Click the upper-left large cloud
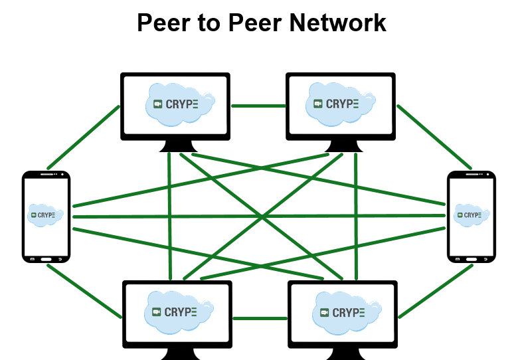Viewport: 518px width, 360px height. tap(178, 104)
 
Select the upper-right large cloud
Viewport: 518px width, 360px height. tap(339, 104)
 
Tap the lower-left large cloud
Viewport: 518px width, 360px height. tap(177, 312)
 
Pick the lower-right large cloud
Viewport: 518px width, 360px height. tap(346, 313)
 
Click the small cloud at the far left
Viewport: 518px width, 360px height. tap(44, 215)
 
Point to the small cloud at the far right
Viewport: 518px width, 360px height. tap(472, 215)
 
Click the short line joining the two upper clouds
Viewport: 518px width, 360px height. tap(258, 106)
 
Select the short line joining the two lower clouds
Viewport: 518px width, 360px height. tap(260, 318)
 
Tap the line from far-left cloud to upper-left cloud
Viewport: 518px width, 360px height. tap(84, 137)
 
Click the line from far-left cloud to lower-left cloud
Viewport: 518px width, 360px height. tap(84, 291)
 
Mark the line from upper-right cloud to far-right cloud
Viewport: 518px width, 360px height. tap(434, 137)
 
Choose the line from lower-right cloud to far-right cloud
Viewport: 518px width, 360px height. tap(436, 291)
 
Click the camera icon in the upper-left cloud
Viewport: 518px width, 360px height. tap(158, 104)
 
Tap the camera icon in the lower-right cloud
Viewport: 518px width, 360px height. tap(325, 313)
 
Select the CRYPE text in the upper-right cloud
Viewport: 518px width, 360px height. tap(342, 104)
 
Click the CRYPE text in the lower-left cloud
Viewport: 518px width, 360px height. tap(181, 312)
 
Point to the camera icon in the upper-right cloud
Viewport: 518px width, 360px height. tap(318, 104)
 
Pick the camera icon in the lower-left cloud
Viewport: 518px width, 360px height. tap(157, 312)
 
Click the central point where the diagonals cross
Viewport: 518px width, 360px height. tap(262, 217)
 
